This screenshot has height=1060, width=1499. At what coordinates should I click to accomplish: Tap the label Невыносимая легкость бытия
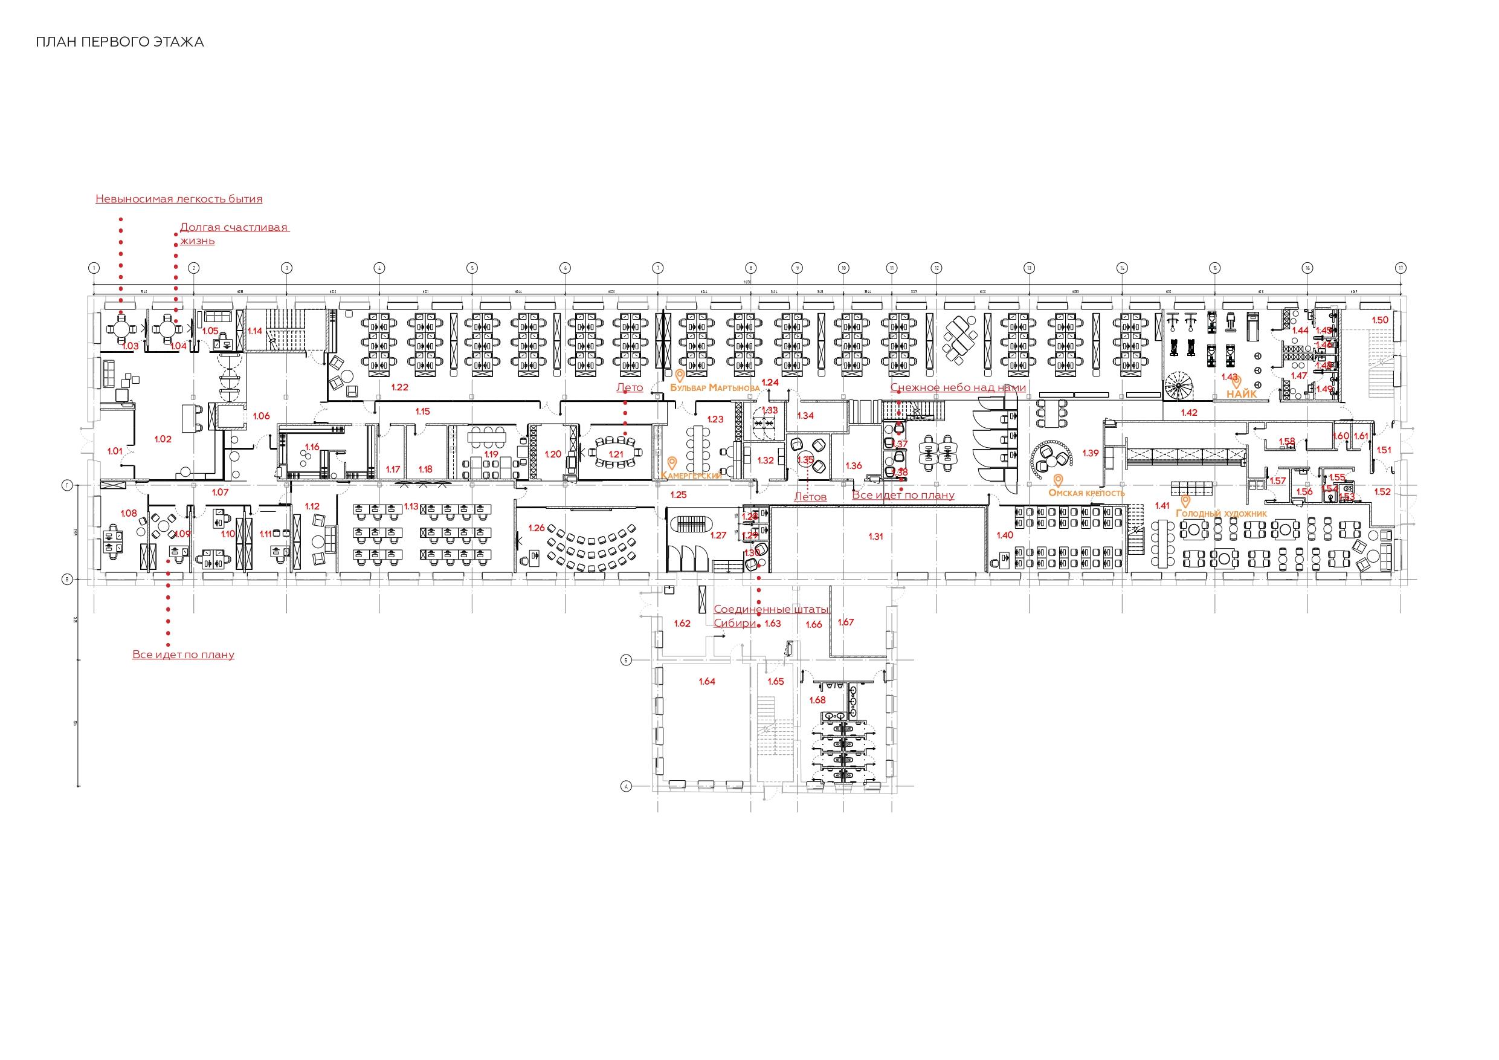click(179, 199)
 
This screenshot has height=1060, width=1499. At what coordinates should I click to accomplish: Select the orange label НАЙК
click(1242, 394)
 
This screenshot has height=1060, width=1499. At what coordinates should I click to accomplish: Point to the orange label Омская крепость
click(1086, 493)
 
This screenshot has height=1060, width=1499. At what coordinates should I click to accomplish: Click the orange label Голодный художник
click(1221, 513)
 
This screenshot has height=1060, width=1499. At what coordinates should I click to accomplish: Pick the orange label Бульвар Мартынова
click(715, 387)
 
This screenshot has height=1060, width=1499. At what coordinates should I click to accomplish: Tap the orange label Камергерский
click(691, 476)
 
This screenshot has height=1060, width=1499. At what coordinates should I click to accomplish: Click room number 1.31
click(875, 536)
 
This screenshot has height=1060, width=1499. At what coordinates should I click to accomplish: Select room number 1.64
click(707, 681)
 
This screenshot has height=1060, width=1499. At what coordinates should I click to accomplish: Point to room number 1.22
click(399, 387)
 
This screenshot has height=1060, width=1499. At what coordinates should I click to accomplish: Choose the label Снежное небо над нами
click(958, 388)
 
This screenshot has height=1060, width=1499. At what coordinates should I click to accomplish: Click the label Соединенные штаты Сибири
click(770, 616)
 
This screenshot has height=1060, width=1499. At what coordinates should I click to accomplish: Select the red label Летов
click(810, 497)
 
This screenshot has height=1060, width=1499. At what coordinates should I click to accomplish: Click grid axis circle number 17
click(1401, 268)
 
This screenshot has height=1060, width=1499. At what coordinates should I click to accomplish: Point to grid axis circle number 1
click(95, 268)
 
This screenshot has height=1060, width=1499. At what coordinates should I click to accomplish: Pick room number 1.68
click(817, 700)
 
